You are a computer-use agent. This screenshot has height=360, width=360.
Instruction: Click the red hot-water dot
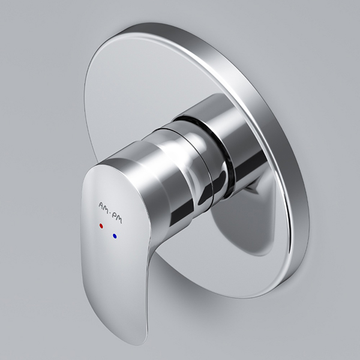[101, 226]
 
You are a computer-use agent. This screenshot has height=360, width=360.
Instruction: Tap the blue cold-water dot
[115, 236]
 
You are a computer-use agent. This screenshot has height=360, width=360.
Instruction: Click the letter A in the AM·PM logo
[101, 205]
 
